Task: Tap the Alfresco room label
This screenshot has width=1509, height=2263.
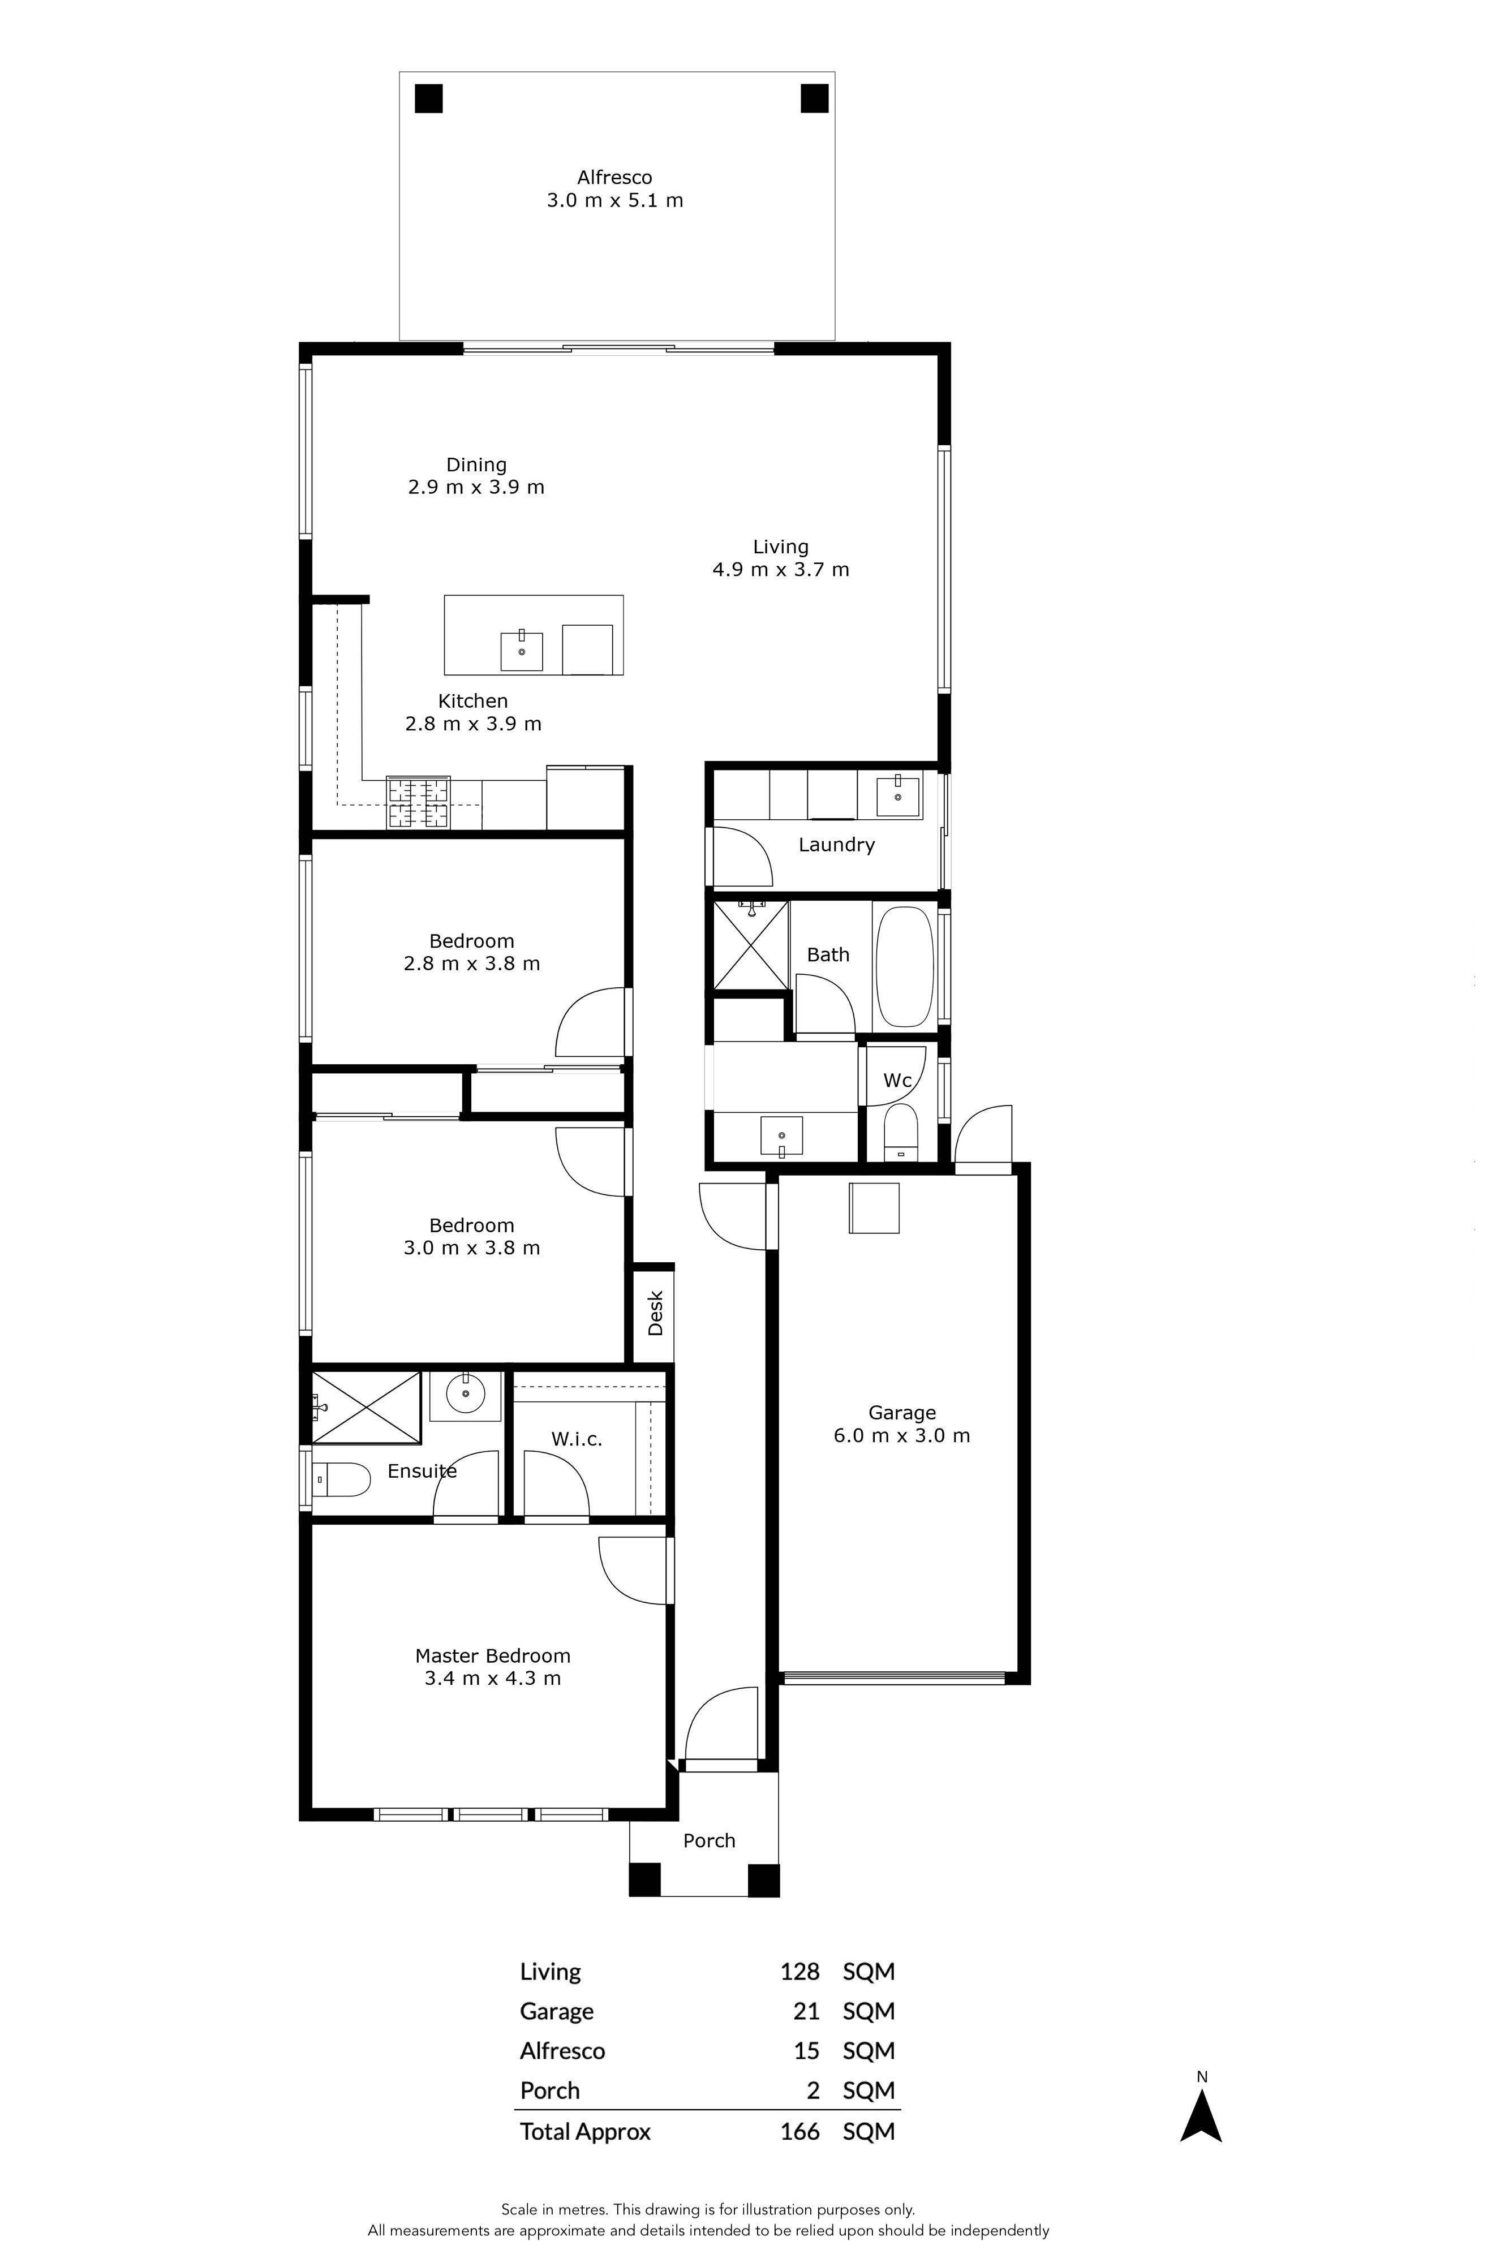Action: click(615, 177)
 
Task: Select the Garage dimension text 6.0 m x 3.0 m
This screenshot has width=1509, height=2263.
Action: click(902, 1435)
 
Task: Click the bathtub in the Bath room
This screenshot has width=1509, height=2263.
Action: click(905, 967)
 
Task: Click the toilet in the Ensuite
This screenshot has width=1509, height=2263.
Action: click(342, 1480)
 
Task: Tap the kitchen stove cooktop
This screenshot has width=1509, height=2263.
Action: click(419, 802)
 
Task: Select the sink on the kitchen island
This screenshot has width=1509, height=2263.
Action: click(522, 651)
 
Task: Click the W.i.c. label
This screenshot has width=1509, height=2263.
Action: click(577, 1439)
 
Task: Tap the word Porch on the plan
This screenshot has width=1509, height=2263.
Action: click(710, 1840)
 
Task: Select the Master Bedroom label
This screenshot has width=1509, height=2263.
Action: click(493, 1656)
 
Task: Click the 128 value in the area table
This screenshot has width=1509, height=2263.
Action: click(799, 1972)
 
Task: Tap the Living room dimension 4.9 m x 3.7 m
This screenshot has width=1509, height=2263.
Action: click(780, 570)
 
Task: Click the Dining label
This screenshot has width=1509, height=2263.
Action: click(476, 464)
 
